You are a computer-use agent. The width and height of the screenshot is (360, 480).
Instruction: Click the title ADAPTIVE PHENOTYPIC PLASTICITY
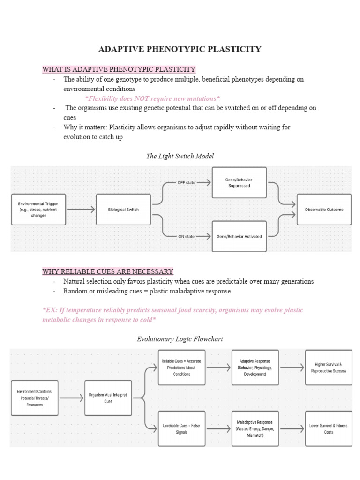[180, 49]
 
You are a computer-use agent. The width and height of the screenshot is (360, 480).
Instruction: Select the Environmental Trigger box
[38, 210]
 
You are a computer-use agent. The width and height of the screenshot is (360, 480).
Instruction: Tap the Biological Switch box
[123, 210]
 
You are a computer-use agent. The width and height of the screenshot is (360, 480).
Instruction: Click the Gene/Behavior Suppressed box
[239, 182]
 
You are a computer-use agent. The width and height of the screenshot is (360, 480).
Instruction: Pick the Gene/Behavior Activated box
[239, 236]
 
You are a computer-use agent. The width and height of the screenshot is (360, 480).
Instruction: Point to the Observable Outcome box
[324, 210]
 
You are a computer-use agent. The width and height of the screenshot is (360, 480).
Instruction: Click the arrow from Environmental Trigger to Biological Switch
[81, 210]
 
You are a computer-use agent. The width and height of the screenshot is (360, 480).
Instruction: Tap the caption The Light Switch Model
[180, 156]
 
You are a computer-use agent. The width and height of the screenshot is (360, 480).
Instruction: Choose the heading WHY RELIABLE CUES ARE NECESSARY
[108, 271]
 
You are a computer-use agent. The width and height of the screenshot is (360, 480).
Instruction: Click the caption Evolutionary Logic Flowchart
[180, 338]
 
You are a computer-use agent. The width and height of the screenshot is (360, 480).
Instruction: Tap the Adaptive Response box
[255, 367]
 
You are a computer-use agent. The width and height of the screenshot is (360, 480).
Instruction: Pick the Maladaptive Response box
[255, 428]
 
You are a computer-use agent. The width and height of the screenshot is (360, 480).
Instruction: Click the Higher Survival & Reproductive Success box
[329, 367]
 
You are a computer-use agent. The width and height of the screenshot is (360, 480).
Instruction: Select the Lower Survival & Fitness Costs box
[329, 428]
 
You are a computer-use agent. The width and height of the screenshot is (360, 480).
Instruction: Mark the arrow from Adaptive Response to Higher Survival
[292, 367]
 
